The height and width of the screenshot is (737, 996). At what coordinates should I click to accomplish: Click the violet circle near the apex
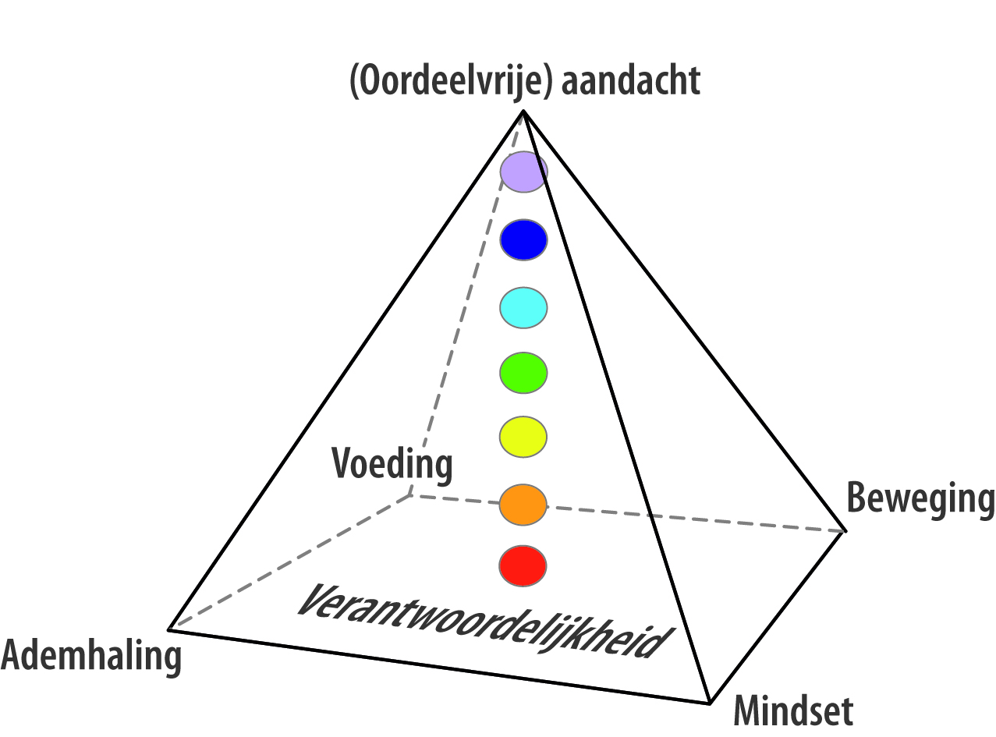coord(523,172)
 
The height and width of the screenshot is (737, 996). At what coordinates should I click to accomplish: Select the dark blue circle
coord(523,240)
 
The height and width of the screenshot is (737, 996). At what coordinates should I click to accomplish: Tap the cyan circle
coord(523,307)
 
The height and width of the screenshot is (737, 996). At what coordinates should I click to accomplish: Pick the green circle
coord(523,373)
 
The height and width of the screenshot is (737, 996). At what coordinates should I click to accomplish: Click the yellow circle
coord(523,437)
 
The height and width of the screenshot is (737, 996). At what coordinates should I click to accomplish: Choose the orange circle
coord(523,505)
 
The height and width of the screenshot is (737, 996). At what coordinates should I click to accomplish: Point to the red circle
coord(523,566)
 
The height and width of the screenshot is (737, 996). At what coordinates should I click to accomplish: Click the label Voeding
coord(392,464)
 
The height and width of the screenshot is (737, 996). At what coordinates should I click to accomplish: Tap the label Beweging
coord(920,499)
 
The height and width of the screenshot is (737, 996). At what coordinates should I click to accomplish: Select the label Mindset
coord(793,710)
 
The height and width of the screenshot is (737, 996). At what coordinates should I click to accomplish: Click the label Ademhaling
coord(91,656)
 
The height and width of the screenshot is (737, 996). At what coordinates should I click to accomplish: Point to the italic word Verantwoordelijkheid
coord(484,622)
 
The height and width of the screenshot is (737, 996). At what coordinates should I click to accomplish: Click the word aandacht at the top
coord(631,80)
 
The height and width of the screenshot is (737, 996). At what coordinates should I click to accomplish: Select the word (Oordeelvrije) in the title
coord(451,82)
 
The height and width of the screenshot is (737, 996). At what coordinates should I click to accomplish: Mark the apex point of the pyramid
coord(523,111)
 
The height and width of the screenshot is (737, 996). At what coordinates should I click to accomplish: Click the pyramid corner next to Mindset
coord(710,703)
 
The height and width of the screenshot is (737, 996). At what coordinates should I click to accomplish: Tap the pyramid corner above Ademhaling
coord(169,629)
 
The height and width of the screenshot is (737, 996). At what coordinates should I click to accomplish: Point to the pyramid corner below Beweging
coord(845,531)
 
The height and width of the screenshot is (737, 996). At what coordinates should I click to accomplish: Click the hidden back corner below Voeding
coord(410,495)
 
